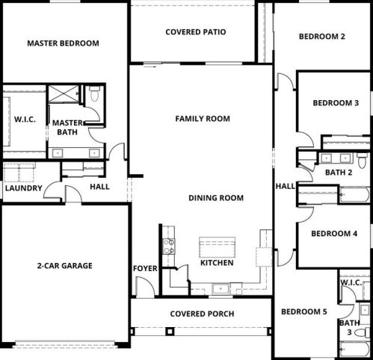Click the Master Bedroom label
[x=63, y=43]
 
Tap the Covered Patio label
[x=196, y=32]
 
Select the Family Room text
[x=203, y=119]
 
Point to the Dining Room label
[x=216, y=198]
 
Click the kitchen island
[x=218, y=247]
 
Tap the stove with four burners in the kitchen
[x=169, y=246]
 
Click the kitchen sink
[x=221, y=289]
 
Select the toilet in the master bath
[x=94, y=93]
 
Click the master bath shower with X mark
[x=64, y=94]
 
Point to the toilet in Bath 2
[x=362, y=161]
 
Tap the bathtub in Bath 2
[x=354, y=195]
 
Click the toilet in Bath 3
[x=362, y=332]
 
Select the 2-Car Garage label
[x=65, y=266]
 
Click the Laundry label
[x=24, y=188]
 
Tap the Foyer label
[x=145, y=268]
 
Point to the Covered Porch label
[x=202, y=314]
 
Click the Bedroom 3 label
[x=336, y=103]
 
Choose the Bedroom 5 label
[x=304, y=311]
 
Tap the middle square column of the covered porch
[x=170, y=332]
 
